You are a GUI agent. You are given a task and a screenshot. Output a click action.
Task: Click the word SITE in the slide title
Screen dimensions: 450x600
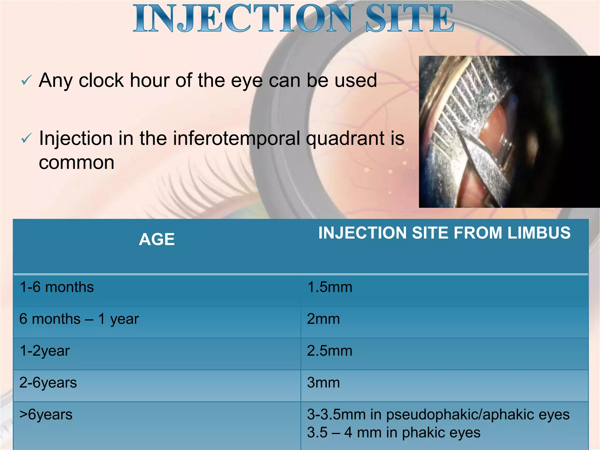click(x=410, y=18)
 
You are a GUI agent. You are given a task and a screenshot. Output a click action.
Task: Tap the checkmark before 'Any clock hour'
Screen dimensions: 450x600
click(x=26, y=80)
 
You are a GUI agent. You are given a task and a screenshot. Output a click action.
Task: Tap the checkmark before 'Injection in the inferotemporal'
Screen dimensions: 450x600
click(x=26, y=138)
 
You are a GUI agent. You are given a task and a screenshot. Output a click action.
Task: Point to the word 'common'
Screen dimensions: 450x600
click(x=76, y=163)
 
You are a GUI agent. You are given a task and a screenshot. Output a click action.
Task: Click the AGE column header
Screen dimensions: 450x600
click(x=157, y=239)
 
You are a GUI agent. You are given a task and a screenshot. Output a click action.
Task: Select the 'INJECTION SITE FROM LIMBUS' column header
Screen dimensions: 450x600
click(x=444, y=233)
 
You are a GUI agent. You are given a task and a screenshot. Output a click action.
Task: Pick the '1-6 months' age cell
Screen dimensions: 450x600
click(x=57, y=287)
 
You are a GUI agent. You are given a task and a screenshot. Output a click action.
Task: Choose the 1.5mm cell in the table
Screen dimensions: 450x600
click(x=330, y=287)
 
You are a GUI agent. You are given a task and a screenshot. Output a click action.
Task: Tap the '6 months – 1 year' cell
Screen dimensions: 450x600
click(x=79, y=319)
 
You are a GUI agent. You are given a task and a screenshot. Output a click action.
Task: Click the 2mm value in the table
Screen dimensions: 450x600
click(x=323, y=319)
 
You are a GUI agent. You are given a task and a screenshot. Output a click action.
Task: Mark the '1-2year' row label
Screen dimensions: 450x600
click(x=45, y=351)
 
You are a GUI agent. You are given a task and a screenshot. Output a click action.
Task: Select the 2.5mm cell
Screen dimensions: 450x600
click(x=330, y=351)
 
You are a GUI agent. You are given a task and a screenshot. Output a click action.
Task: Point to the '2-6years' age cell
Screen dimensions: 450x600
click(x=48, y=383)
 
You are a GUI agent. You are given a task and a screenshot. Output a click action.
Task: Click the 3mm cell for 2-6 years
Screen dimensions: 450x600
click(x=323, y=383)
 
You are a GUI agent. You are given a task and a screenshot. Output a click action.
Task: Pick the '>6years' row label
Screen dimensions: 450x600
click(x=46, y=415)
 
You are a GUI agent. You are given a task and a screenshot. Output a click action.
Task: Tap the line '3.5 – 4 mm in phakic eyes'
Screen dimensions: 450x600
click(x=393, y=432)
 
